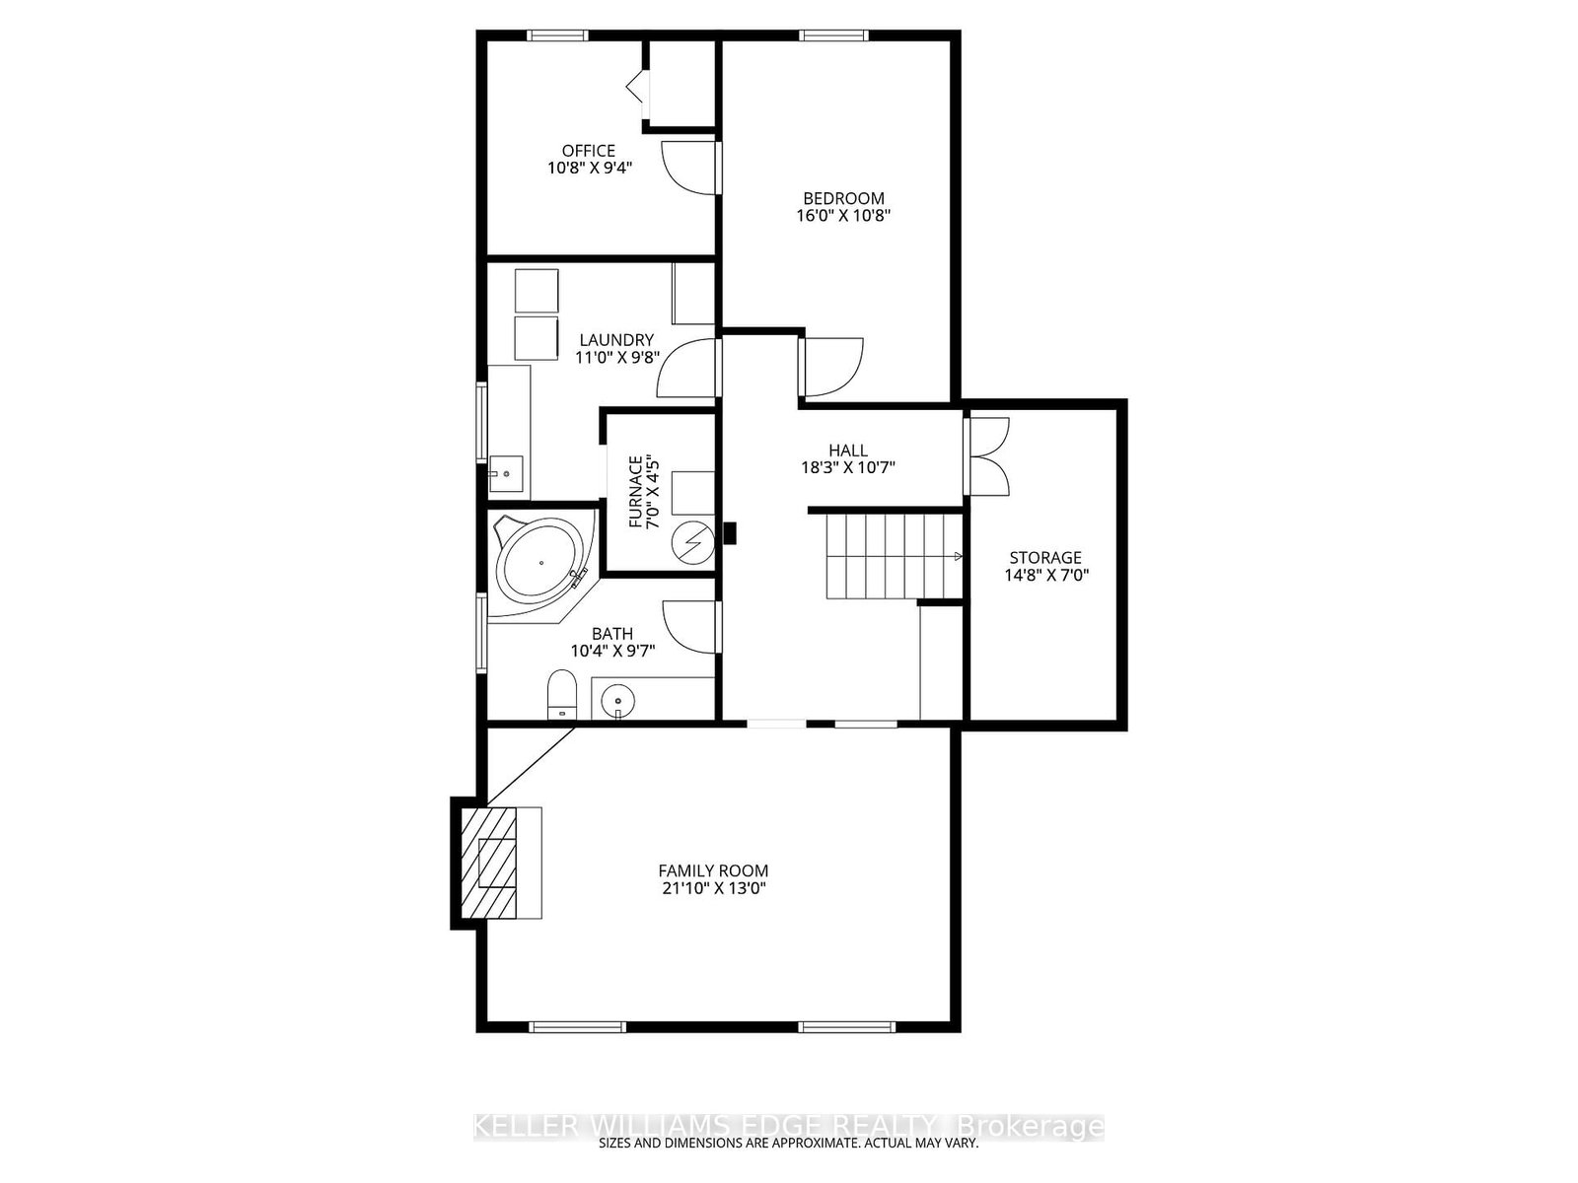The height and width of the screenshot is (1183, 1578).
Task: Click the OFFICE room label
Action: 589,151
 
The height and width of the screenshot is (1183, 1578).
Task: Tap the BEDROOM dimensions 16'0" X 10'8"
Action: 843,215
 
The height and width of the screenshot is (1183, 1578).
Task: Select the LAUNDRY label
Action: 616,340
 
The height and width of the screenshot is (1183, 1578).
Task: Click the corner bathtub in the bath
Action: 540,565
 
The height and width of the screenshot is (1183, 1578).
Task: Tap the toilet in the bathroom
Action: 561,694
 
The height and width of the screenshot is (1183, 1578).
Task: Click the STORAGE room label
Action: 1045,558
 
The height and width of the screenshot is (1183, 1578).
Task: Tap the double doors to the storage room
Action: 988,455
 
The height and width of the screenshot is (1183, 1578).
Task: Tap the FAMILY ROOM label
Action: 713,870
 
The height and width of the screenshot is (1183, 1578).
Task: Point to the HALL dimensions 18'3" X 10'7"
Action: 848,468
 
